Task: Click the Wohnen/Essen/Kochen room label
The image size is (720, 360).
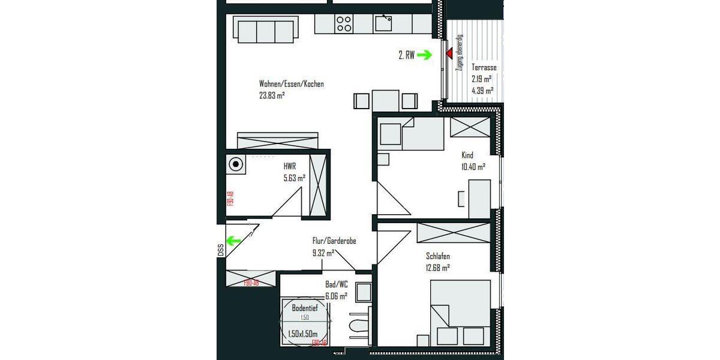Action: tap(291, 84)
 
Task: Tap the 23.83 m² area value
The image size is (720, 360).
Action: tap(272, 95)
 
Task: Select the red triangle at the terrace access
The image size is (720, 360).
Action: tap(448, 55)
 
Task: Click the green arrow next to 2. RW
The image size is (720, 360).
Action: tap(425, 55)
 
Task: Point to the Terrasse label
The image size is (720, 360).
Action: tap(484, 68)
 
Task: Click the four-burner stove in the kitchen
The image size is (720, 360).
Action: tap(344, 23)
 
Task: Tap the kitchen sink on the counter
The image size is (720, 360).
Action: tap(383, 23)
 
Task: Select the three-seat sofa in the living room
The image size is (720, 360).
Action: tap(266, 29)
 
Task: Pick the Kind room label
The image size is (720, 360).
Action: tap(467, 155)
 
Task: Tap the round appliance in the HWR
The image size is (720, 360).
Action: tap(236, 164)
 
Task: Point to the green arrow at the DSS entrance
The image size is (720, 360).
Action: tap(233, 241)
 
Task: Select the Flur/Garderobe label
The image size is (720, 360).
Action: tap(334, 241)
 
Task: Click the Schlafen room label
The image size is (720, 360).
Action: tap(438, 257)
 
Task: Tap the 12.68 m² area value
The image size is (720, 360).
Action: tap(437, 268)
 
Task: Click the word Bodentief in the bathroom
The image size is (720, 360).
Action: tap(305, 308)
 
